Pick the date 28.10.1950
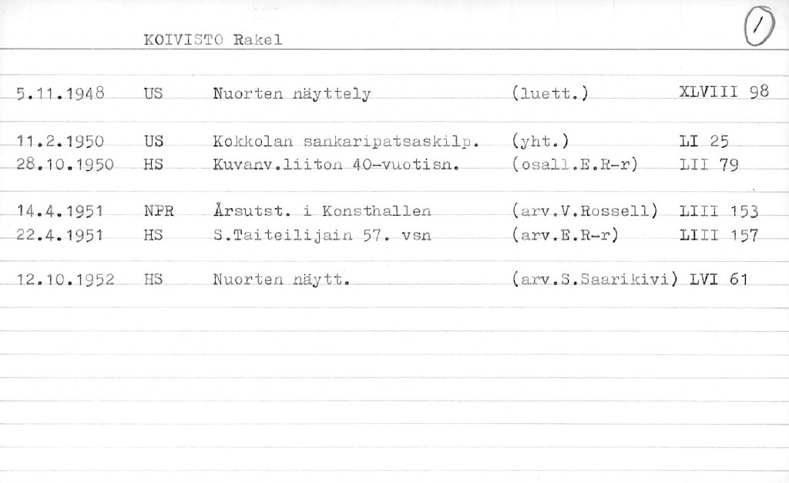pyautogui.click(x=65, y=164)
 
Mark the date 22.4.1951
pyautogui.click(x=60, y=234)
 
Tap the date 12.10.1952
pyautogui.click(x=65, y=280)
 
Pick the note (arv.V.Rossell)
pyautogui.click(x=584, y=210)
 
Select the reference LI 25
pyautogui.click(x=705, y=142)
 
